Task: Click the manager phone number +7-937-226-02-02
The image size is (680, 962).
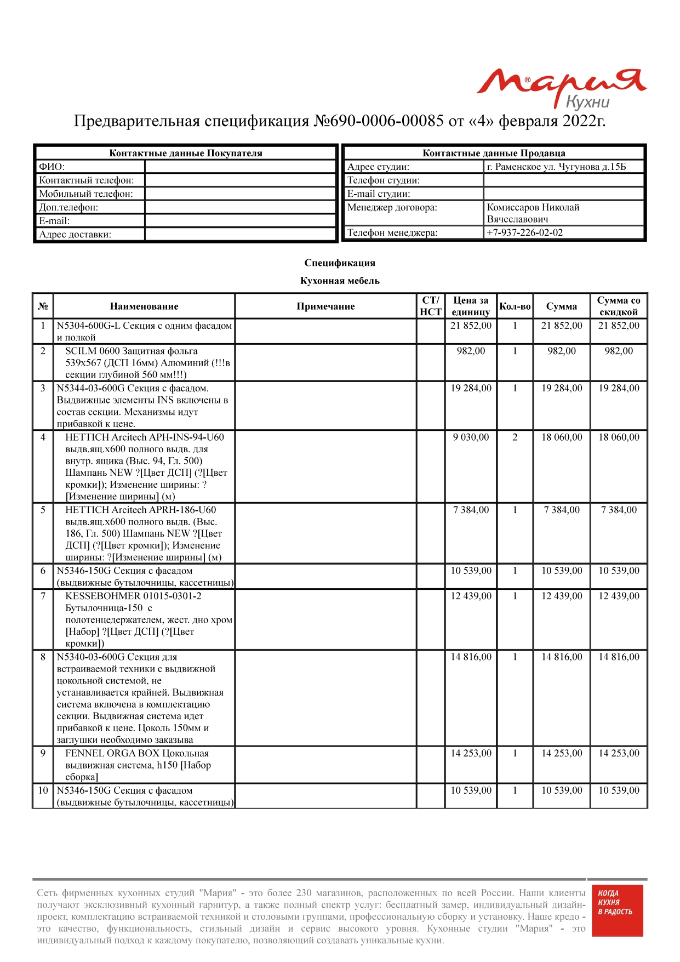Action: pyautogui.click(x=525, y=232)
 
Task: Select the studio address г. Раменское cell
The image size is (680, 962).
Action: pyautogui.click(x=556, y=167)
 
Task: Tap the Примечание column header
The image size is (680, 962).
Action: pyautogui.click(x=325, y=306)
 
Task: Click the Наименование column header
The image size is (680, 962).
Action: pyautogui.click(x=144, y=306)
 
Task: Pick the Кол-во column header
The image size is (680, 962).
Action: pyautogui.click(x=515, y=306)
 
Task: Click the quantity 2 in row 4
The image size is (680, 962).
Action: pyautogui.click(x=515, y=437)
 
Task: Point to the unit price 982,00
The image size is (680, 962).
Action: pyautogui.click(x=471, y=351)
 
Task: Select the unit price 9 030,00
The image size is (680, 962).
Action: pyautogui.click(x=471, y=437)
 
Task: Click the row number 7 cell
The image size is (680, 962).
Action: pyautogui.click(x=43, y=596)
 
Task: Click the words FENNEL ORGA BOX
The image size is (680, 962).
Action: pyautogui.click(x=112, y=753)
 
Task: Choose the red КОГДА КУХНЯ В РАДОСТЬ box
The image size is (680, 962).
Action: pyautogui.click(x=617, y=910)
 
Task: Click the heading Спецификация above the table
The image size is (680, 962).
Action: pyautogui.click(x=340, y=263)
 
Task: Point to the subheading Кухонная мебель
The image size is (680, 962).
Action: pyautogui.click(x=340, y=281)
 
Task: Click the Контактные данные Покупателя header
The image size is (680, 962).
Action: pyautogui.click(x=186, y=153)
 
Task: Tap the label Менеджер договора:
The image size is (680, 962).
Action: pyautogui.click(x=392, y=207)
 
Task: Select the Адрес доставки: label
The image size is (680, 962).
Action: pyautogui.click(x=75, y=235)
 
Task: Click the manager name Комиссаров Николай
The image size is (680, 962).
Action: pyautogui.click(x=533, y=207)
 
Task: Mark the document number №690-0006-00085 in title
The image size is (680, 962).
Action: pyautogui.click(x=378, y=121)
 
